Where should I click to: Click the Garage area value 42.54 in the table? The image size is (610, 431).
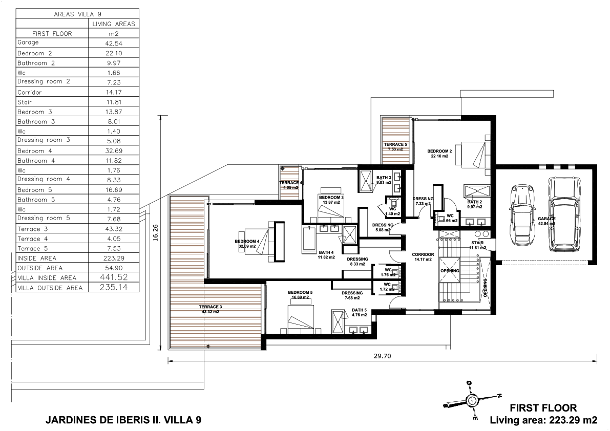(114, 44)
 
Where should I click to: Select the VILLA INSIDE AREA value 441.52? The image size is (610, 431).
(114, 277)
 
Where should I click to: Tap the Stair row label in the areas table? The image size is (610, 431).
(25, 102)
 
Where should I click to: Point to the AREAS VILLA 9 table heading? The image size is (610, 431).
(77, 14)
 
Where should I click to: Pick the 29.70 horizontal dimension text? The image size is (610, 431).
(383, 356)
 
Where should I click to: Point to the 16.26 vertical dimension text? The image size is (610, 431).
(156, 233)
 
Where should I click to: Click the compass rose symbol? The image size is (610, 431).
(472, 400)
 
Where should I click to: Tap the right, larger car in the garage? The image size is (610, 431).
(564, 214)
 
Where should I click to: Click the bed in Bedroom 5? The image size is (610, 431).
(300, 318)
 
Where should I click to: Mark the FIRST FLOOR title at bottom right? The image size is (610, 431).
(543, 408)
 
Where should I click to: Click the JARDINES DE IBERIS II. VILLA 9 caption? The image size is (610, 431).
(123, 420)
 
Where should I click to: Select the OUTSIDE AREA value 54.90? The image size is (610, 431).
(114, 268)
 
